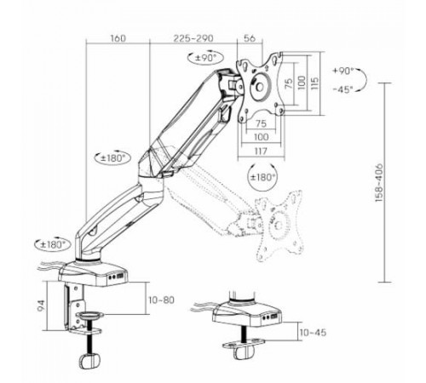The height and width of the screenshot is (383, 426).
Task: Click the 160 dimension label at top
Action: [x=118, y=38]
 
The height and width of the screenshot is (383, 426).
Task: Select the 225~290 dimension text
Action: [x=193, y=38]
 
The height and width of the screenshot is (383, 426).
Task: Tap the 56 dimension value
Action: [x=250, y=38]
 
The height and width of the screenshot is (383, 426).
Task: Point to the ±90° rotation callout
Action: [x=205, y=58]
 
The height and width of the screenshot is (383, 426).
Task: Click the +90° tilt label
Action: [x=343, y=71]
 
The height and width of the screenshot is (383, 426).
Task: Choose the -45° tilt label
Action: [x=343, y=89]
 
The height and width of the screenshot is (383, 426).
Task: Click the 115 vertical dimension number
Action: [x=314, y=83]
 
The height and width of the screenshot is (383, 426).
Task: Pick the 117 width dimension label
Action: [x=261, y=151]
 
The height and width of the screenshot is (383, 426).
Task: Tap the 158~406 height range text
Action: [x=379, y=183]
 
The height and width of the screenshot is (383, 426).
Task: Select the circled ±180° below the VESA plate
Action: [x=262, y=177]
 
